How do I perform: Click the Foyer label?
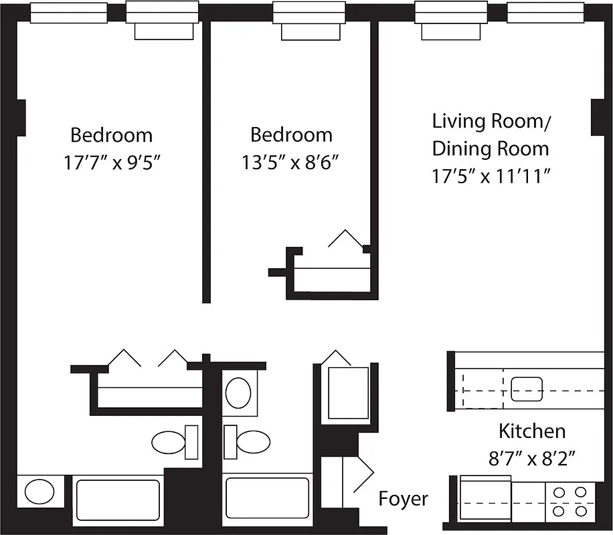pyautogui.click(x=404, y=499)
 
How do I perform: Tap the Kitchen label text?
pyautogui.click(x=532, y=431)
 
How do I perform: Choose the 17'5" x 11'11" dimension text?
pyautogui.click(x=491, y=176)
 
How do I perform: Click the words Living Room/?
pyautogui.click(x=491, y=122)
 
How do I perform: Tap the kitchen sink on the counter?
pyautogui.click(x=527, y=389)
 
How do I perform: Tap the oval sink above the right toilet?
pyautogui.click(x=238, y=393)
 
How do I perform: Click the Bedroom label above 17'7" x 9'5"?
pyautogui.click(x=112, y=136)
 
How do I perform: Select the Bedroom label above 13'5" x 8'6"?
pyautogui.click(x=291, y=135)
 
